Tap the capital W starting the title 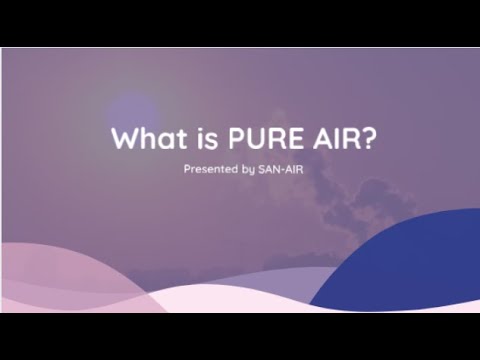click(x=122, y=137)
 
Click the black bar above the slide click(x=240, y=22)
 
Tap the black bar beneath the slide click(x=240, y=336)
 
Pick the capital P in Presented click(x=187, y=170)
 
